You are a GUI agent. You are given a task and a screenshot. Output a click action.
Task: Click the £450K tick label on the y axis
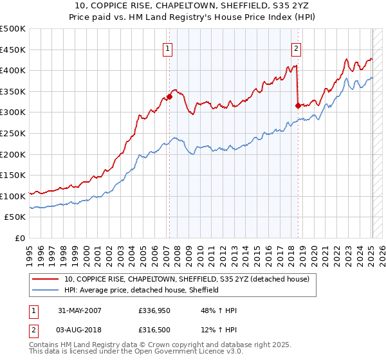[x=13, y=50]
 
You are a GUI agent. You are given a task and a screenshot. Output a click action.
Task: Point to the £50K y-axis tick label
[x=15, y=217]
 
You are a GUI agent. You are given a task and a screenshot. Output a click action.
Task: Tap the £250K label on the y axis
[x=13, y=133]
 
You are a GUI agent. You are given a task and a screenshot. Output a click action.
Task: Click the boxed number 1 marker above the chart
[x=167, y=48]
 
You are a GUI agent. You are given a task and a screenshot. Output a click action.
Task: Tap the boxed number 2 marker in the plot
[x=296, y=48]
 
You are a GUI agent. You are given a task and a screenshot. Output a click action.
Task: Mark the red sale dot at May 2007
[x=170, y=97]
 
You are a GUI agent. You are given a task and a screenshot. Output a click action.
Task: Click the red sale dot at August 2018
[x=298, y=105]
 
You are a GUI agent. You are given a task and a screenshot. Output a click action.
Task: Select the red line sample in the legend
[x=46, y=279]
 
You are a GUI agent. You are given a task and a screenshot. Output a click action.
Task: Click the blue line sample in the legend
[x=46, y=290]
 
